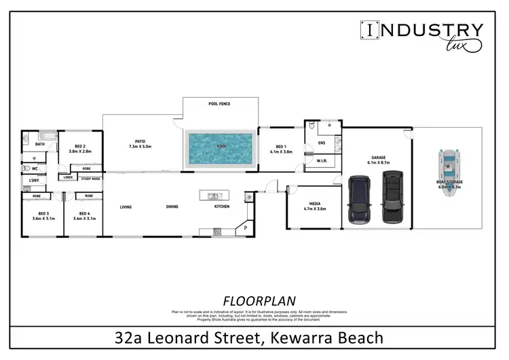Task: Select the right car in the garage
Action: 392,197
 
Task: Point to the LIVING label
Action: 126,206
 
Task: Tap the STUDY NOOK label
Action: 90,178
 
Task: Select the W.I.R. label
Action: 322,161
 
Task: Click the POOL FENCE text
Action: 219,105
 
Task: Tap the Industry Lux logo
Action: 421,35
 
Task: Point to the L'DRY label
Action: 33,180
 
